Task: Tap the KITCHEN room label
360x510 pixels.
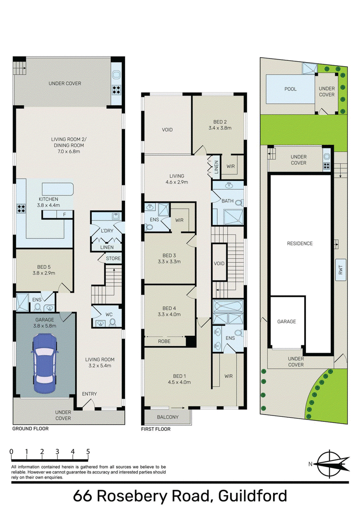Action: pyautogui.click(x=49, y=199)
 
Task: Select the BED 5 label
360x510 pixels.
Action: pyautogui.click(x=44, y=267)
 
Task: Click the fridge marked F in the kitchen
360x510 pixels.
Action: pyautogui.click(x=65, y=215)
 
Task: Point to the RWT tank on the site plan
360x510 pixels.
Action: pyautogui.click(x=341, y=270)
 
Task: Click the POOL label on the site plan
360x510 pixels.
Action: pyautogui.click(x=290, y=89)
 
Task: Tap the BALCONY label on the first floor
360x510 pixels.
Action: pyautogui.click(x=168, y=417)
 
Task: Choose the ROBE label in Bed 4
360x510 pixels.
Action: pyautogui.click(x=164, y=341)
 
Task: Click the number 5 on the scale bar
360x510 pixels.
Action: pyautogui.click(x=88, y=451)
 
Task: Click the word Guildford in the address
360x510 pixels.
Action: pyautogui.click(x=253, y=496)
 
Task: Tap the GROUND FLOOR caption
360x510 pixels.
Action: pyautogui.click(x=30, y=429)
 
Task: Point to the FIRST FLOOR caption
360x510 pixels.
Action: pyautogui.click(x=156, y=429)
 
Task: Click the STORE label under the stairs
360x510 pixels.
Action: pyautogui.click(x=113, y=258)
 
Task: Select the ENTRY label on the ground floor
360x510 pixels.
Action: pyautogui.click(x=90, y=394)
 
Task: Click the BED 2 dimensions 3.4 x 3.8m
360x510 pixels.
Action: pyautogui.click(x=220, y=128)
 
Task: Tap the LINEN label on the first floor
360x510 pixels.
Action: pyautogui.click(x=216, y=167)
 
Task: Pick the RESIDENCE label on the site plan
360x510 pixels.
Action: pyautogui.click(x=300, y=243)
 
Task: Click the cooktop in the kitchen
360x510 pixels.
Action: pyautogui.click(x=21, y=208)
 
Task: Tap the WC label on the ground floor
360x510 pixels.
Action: pyautogui.click(x=109, y=315)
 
